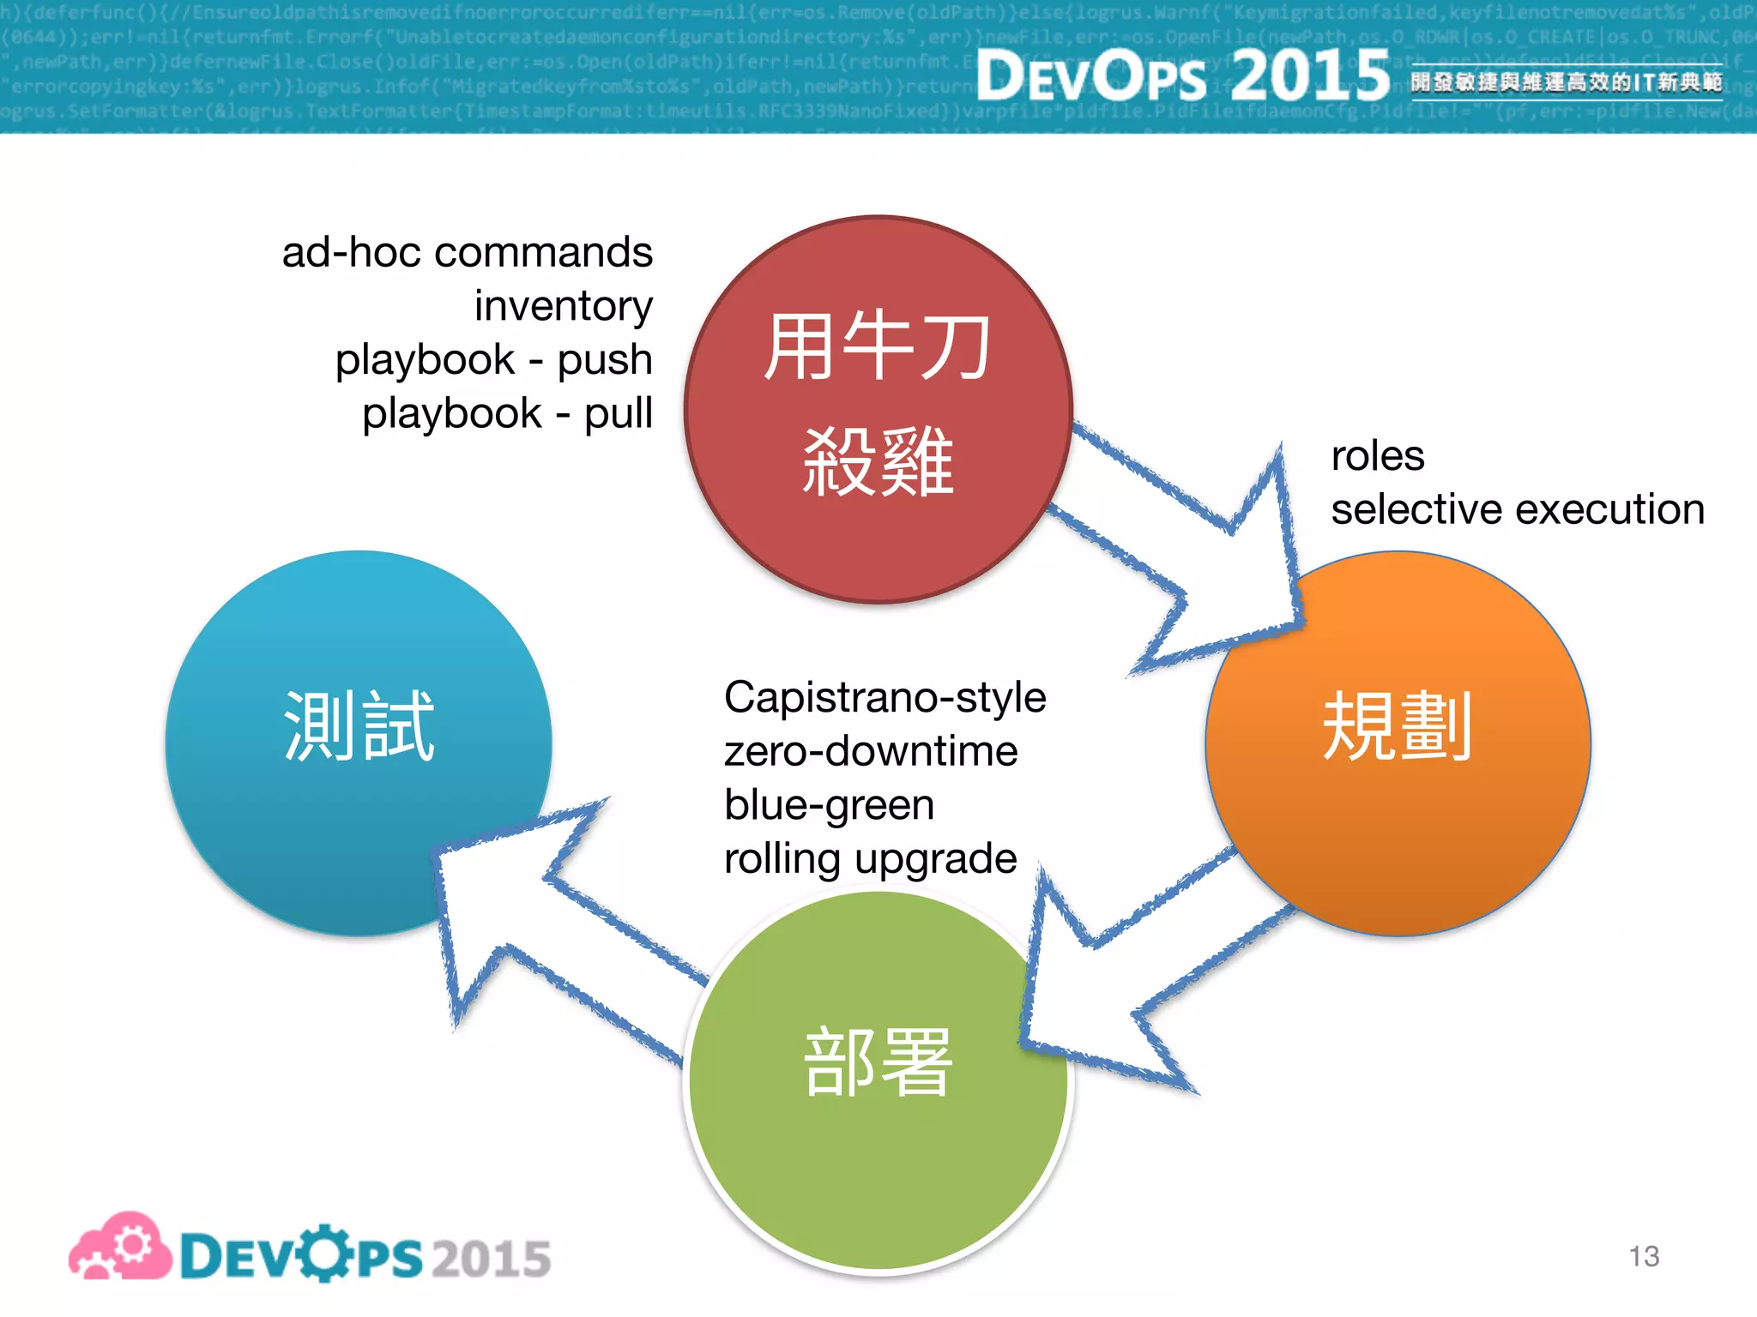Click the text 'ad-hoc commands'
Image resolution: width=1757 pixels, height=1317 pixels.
(468, 253)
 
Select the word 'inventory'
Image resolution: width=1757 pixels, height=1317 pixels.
(564, 306)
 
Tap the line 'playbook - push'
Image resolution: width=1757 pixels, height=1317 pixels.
(494, 359)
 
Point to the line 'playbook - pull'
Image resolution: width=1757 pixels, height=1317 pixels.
(508, 413)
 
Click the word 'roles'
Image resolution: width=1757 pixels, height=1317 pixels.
(1377, 455)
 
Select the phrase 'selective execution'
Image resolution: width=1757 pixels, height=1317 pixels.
(1517, 509)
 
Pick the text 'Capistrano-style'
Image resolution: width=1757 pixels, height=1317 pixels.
(885, 697)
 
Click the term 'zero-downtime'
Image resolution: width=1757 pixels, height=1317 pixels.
(871, 751)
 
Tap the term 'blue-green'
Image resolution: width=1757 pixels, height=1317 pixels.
(829, 805)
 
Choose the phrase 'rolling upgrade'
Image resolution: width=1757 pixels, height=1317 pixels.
(870, 858)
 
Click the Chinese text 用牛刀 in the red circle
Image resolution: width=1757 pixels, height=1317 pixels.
(878, 346)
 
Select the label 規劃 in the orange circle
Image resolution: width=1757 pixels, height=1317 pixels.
(1398, 726)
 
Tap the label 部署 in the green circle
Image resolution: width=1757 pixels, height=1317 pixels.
(878, 1062)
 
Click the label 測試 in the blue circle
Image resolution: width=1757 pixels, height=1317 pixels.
(359, 726)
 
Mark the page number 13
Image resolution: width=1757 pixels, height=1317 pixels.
(1644, 1256)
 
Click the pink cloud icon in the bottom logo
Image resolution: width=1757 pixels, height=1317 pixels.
(120, 1248)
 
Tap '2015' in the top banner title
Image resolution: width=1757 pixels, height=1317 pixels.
(1309, 75)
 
